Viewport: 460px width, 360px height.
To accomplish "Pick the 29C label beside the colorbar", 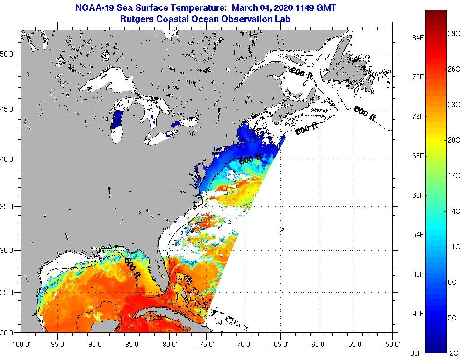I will point(453,34).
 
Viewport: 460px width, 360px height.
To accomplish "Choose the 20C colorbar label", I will point(453,140).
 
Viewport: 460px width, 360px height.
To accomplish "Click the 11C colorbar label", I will point(453,246).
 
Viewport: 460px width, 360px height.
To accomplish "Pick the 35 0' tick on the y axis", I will point(9,206).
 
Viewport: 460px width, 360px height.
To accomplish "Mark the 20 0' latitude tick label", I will point(9,333).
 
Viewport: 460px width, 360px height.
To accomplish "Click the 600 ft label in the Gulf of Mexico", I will point(132,268).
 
